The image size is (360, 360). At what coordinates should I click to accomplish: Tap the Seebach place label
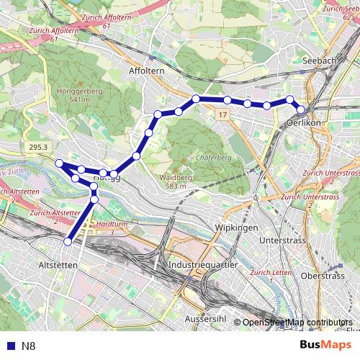(320, 61)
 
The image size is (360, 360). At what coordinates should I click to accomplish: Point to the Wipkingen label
(236, 228)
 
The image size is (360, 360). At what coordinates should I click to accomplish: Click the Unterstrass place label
(278, 240)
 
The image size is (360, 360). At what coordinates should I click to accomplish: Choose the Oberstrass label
(323, 275)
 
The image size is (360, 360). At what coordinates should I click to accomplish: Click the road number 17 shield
(222, 115)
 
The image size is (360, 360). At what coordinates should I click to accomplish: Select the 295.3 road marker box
(39, 147)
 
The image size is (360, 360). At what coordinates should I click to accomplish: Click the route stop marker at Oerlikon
(300, 109)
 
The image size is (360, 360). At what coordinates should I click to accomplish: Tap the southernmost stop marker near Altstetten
(68, 242)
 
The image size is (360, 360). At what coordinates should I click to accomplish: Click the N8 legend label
(29, 346)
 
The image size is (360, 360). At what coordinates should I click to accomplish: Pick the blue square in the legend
(9, 346)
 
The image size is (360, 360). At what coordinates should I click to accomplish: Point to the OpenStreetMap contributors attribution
(297, 323)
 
